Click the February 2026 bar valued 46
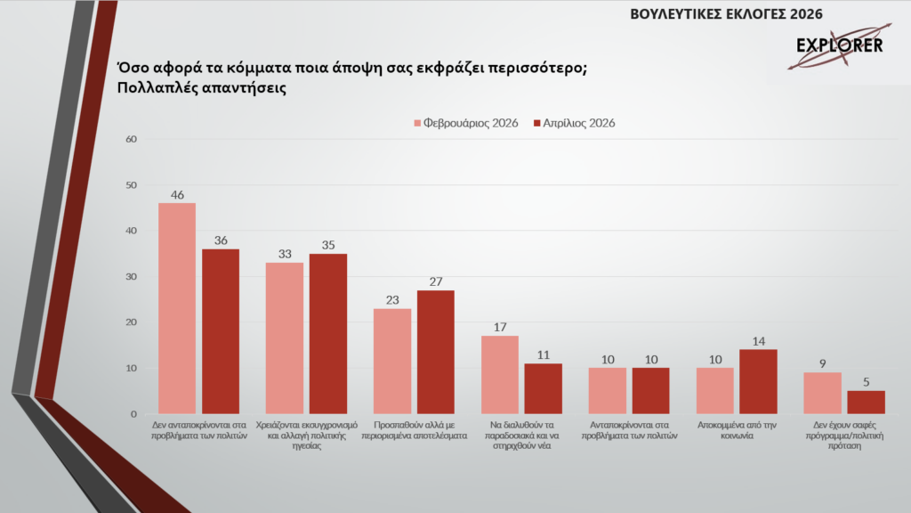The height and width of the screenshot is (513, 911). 176,308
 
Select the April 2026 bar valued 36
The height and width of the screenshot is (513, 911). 221,331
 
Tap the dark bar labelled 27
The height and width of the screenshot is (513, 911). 435,352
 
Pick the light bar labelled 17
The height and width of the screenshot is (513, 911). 499,374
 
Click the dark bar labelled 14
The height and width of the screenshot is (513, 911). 758,381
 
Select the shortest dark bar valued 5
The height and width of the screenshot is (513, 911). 866,402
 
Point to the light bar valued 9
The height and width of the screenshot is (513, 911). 822,393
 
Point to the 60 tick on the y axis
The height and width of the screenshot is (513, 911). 131,139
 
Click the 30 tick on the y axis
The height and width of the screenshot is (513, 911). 131,276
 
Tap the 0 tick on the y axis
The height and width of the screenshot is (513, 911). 133,414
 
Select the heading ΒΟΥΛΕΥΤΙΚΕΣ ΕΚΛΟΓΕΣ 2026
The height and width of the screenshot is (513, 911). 726,13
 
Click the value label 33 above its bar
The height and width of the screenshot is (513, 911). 285,254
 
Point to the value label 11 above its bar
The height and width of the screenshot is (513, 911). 543,354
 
